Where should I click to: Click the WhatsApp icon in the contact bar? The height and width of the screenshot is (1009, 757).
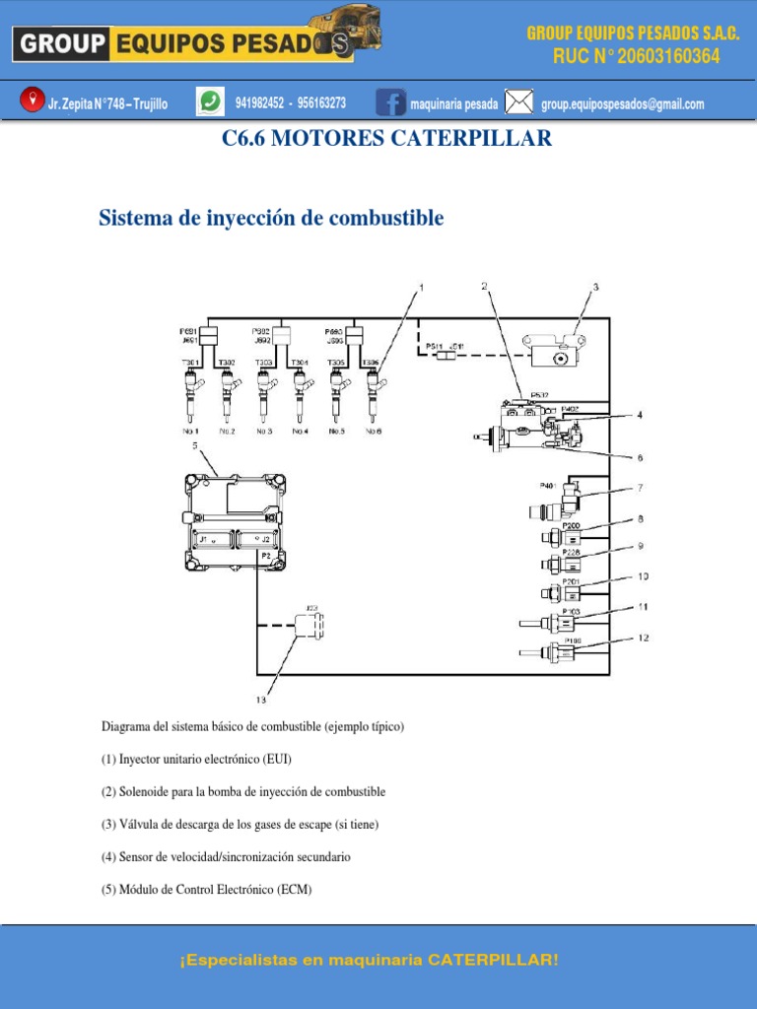pos(210,101)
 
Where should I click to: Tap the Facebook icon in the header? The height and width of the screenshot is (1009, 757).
pos(391,102)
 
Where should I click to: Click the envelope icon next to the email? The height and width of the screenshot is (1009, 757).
pos(519,102)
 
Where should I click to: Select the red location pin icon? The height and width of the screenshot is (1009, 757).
pos(33,100)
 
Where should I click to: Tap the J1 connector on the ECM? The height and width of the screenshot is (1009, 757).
pos(211,540)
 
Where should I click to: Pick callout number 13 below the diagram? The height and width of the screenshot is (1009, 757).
pos(261,700)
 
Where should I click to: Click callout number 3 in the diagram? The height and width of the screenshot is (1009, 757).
pos(594,288)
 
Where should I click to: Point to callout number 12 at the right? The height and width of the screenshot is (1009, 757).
pos(643,638)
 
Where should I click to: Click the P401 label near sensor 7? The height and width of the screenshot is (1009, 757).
pos(548,485)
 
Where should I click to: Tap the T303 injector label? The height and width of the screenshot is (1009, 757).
pos(264,363)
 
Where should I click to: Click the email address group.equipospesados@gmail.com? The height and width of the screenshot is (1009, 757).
pos(623,103)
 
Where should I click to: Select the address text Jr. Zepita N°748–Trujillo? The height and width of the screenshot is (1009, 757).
pos(107,103)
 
